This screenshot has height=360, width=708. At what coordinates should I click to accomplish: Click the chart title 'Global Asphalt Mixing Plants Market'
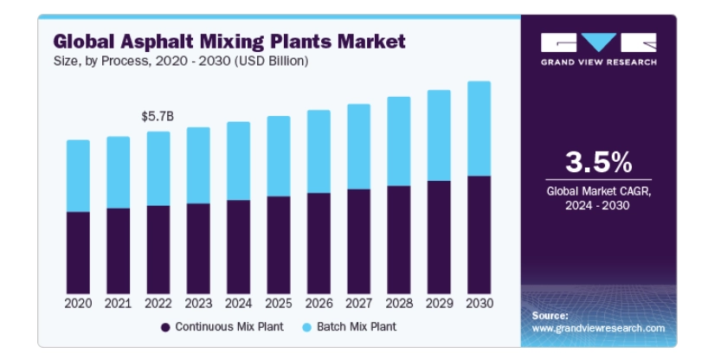pos(228,41)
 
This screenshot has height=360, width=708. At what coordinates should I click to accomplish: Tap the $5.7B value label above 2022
pos(158,115)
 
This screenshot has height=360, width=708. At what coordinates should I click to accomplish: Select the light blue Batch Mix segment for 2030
pos(479,128)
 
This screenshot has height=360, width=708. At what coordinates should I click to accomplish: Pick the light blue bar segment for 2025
pos(278,156)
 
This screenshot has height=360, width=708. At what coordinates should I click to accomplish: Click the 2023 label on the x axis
pos(197,304)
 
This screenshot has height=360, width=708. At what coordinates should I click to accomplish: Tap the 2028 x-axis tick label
pos(398,304)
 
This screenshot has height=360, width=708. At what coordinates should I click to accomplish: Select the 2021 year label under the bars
pos(118,304)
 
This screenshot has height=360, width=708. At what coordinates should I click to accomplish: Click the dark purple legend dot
pos(164,327)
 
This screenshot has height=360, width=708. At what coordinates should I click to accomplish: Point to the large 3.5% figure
pos(598,161)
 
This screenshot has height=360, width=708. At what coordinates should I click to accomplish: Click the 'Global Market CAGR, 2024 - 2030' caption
pos(598,197)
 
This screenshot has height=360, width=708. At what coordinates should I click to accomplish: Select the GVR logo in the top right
pos(598,42)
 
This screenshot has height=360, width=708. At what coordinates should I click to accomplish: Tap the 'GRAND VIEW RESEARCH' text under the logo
pos(598,62)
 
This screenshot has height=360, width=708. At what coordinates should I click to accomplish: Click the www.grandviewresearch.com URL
pos(597,329)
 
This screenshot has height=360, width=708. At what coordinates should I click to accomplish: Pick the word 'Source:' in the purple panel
pos(550,316)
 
